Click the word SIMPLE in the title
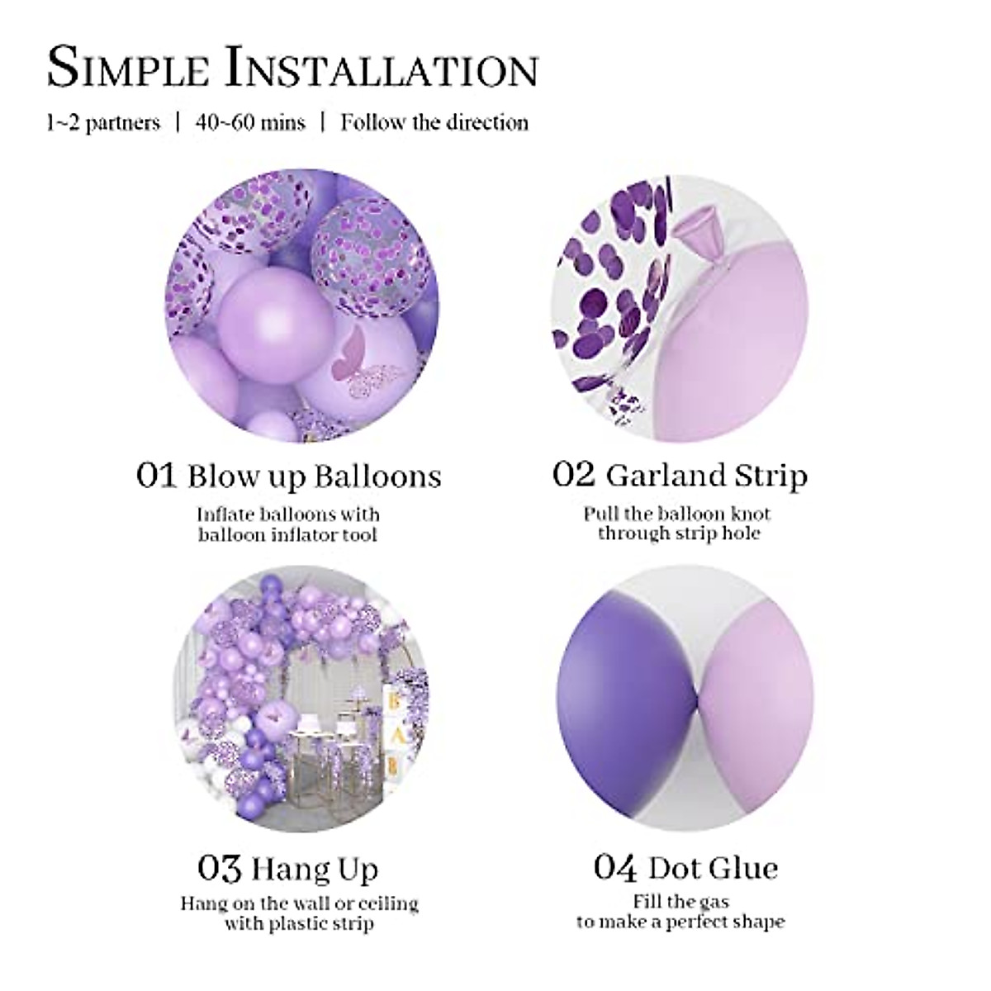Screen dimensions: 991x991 128,68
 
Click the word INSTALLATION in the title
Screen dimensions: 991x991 382,68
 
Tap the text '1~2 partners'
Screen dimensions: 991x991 103,123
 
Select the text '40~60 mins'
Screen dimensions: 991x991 250,123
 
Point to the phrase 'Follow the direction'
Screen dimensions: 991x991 434,123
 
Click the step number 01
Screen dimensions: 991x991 156,476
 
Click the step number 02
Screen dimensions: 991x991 573,474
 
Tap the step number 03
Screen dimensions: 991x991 219,869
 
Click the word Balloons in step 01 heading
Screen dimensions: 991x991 378,477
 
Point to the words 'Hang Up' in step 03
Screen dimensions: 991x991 315,870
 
